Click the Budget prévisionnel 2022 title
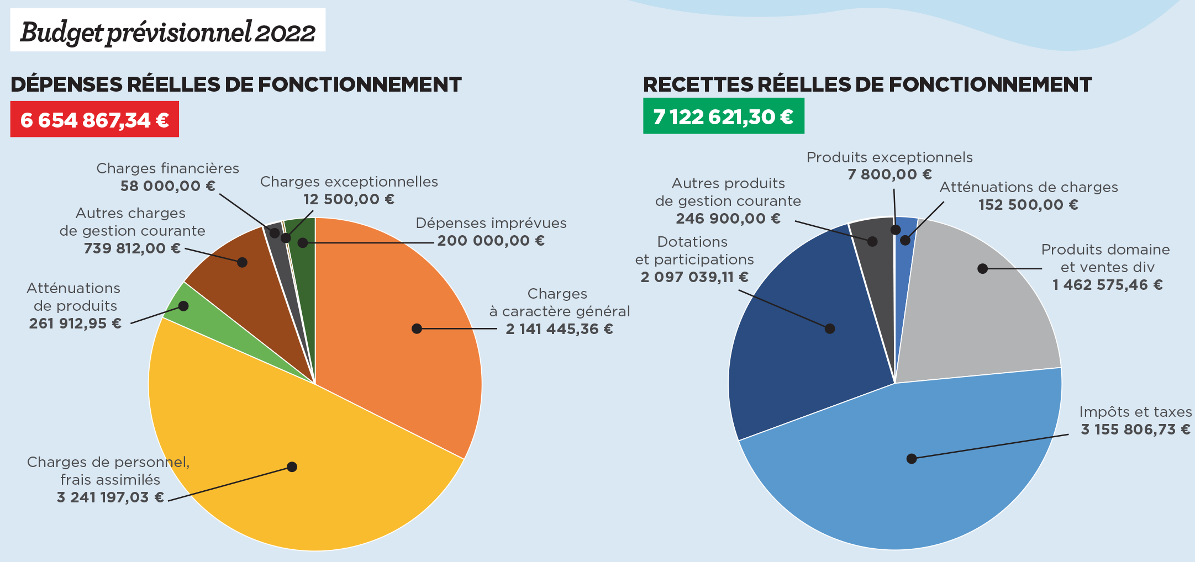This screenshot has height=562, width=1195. [167, 31]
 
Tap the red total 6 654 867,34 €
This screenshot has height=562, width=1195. [94, 120]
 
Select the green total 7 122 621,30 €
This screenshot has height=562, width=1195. [723, 116]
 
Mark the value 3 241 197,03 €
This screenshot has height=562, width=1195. [110, 497]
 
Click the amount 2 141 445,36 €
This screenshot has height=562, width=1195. [559, 329]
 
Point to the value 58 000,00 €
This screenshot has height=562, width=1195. [168, 186]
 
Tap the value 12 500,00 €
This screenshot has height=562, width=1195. [349, 199]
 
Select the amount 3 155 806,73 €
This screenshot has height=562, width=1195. [1135, 430]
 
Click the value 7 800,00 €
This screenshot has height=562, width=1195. [889, 174]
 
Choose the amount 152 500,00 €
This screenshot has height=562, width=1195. [1028, 205]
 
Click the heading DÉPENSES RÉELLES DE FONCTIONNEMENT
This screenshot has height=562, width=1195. [236, 84]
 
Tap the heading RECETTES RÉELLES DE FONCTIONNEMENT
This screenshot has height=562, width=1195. [867, 84]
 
